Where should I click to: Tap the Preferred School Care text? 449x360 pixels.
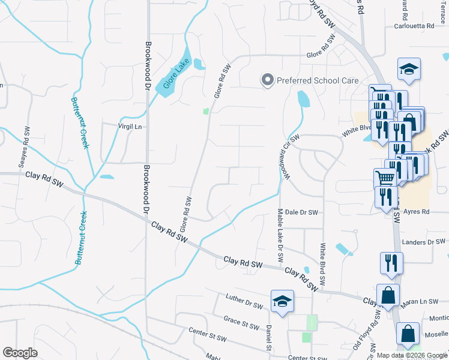tap(317, 80)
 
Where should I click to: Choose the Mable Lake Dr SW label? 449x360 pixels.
tap(280, 235)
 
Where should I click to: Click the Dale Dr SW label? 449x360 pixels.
tap(301, 212)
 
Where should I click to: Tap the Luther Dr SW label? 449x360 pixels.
tap(244, 301)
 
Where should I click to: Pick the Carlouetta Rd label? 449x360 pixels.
tap(414, 26)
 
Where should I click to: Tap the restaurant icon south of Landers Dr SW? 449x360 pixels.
tap(391, 262)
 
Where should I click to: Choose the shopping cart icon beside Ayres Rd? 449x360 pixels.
tap(385, 178)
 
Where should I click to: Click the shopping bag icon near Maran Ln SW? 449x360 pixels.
tap(388, 295)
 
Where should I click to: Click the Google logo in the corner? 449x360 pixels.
tap(20, 353)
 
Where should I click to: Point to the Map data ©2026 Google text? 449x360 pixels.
tap(412, 355)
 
